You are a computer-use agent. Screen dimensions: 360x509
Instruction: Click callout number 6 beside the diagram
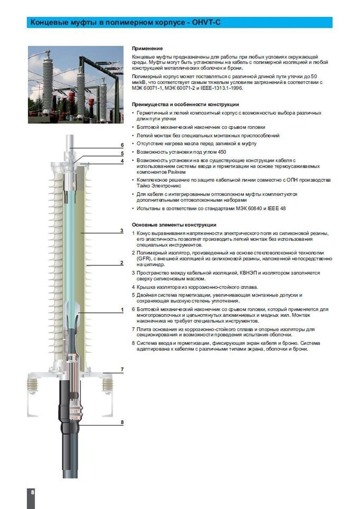coord(122,145)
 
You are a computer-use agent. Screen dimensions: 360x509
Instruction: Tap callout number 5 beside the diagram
coord(122,153)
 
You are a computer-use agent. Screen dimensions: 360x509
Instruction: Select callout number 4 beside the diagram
coord(122,161)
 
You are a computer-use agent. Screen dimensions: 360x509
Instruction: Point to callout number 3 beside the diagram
coord(122,230)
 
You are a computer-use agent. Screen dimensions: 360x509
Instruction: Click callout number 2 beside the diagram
coord(122,263)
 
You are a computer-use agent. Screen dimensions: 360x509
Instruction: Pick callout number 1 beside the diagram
coord(122,310)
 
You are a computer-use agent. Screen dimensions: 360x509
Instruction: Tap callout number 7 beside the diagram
coord(122,369)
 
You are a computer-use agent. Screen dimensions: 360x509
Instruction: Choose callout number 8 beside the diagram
coord(122,422)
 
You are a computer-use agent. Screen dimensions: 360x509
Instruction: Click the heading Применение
coord(147,49)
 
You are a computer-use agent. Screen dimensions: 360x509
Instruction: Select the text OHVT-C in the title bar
coord(206,23)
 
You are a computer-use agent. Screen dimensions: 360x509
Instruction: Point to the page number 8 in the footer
coord(32,492)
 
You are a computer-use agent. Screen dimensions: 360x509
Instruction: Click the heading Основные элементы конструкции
coord(174,225)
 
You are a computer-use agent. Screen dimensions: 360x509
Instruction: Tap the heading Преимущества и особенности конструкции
coord(185,104)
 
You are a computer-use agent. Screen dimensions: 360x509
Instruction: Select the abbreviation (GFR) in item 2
coord(142,259)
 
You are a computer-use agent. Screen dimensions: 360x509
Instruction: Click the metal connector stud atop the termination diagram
coord(70,142)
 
